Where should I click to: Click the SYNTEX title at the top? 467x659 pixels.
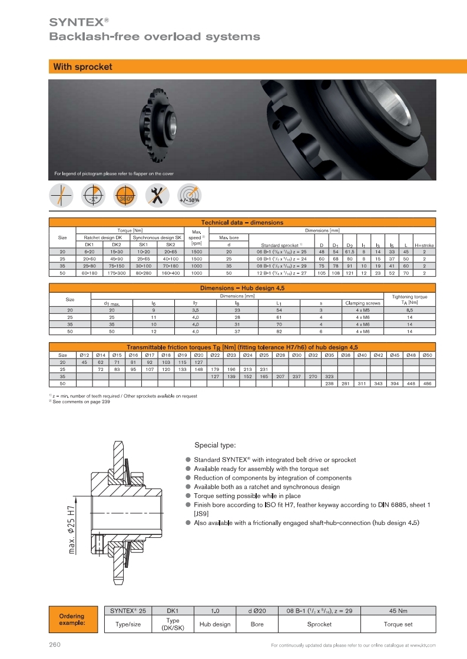point(77,22)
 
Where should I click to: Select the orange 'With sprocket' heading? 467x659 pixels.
point(82,67)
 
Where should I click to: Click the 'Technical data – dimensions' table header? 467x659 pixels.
point(242,223)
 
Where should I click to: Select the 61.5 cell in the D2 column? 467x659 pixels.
point(349,252)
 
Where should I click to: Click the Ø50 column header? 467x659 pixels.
point(427,355)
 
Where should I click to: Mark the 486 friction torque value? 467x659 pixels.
point(427,383)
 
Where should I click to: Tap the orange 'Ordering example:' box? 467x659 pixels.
point(72,619)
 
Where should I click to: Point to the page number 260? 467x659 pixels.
point(55,645)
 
